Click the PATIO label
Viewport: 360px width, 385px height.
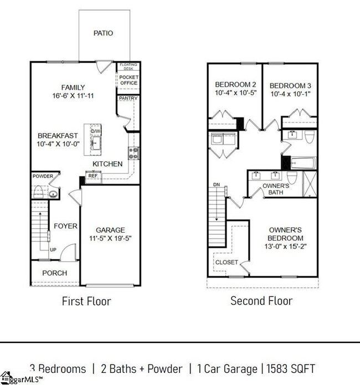point(103,33)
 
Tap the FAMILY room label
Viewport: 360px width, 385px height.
point(73,88)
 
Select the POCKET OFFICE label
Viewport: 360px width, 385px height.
point(128,80)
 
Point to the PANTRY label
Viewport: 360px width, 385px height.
point(128,99)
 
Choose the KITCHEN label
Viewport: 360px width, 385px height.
point(107,164)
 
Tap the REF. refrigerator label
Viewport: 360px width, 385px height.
point(94,176)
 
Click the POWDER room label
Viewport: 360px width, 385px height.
point(43,176)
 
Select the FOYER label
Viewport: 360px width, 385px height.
point(65,226)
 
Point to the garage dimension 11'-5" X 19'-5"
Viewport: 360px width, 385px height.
point(110,239)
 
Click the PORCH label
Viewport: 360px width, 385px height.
point(55,273)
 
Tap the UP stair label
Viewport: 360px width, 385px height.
point(53,250)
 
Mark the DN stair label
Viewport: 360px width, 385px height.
point(217,184)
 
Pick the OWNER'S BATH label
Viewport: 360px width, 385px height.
point(275,189)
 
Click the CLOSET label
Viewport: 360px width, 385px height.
point(227,262)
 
